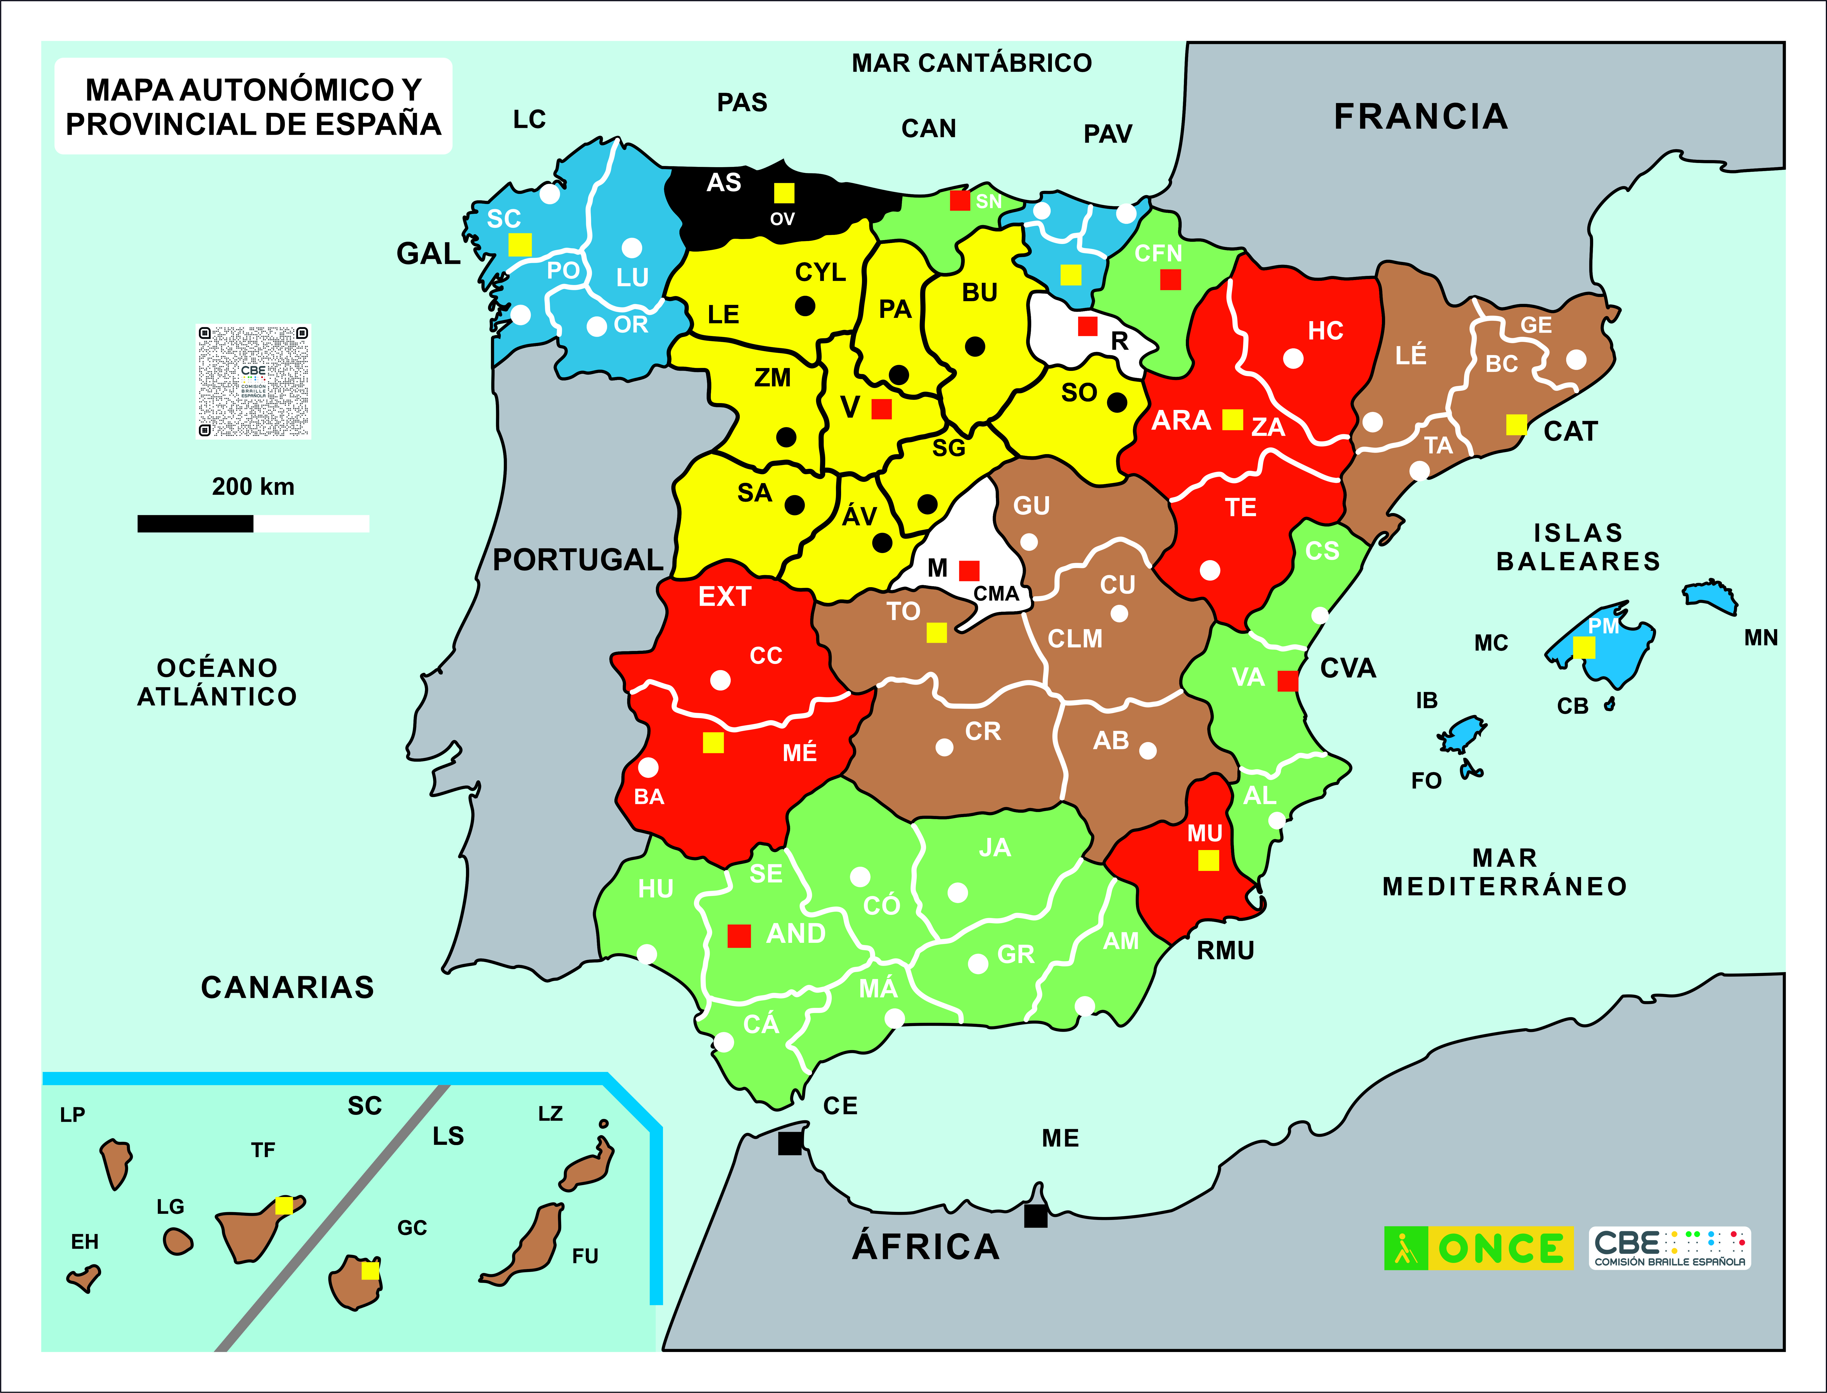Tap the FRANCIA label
(x=1420, y=116)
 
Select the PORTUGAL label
(x=578, y=560)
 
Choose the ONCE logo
(x=1478, y=1248)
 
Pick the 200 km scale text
(x=253, y=487)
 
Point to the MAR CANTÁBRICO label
(x=971, y=63)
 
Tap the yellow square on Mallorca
(x=1583, y=648)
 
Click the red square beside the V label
(x=881, y=409)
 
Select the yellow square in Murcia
(x=1209, y=861)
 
